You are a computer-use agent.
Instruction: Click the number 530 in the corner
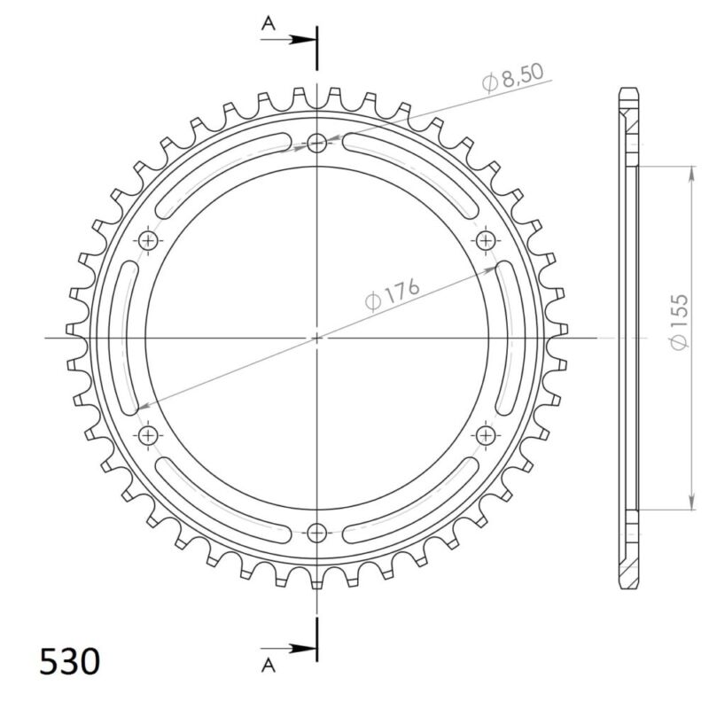coord(69,661)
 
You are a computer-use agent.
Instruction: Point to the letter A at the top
coord(267,26)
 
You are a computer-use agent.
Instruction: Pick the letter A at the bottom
coord(267,662)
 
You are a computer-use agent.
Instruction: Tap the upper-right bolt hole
coord(486,240)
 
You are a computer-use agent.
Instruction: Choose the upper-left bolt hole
coord(149,240)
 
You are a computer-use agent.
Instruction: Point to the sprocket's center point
coord(317,338)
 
